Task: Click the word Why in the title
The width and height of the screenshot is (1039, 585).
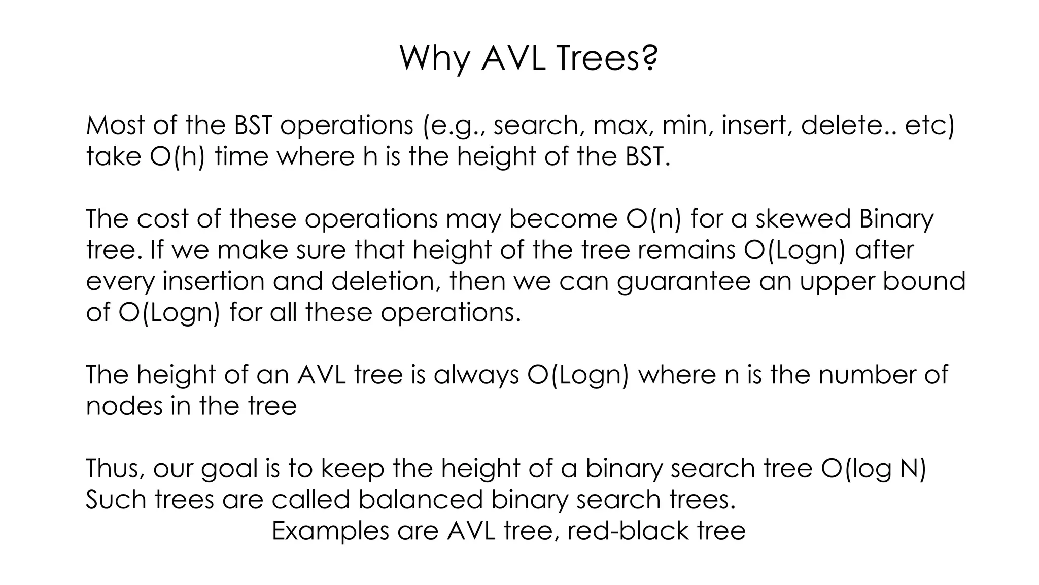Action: (x=435, y=58)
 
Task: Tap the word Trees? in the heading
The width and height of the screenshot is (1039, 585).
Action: (x=607, y=58)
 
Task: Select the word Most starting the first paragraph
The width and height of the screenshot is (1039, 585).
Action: (x=115, y=125)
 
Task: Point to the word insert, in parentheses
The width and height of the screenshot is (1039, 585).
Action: (x=756, y=125)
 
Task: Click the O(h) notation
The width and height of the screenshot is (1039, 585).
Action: (x=178, y=156)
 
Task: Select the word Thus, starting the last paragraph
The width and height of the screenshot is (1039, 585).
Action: (x=115, y=468)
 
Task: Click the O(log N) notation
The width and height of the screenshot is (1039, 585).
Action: (x=873, y=468)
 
